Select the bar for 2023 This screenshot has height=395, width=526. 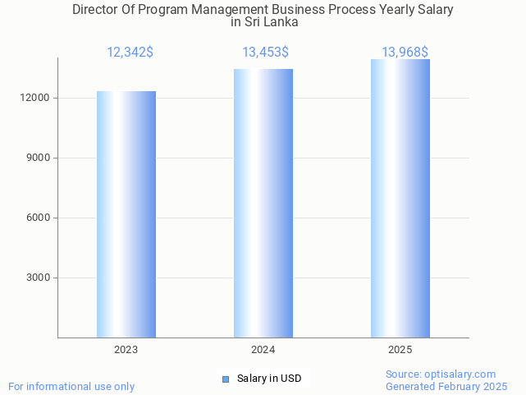[126, 214]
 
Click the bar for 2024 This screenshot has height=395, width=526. [263, 203]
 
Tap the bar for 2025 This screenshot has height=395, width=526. [400, 198]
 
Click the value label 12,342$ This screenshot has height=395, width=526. [130, 53]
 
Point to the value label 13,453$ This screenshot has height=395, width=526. [265, 53]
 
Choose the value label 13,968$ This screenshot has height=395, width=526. [405, 53]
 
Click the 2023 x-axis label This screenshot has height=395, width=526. [126, 350]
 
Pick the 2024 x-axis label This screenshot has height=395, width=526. [263, 350]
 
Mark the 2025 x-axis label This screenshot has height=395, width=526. [400, 350]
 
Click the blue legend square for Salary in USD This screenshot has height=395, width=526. [226, 379]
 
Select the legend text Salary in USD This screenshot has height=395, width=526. [269, 379]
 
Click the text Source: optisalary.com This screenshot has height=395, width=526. [441, 374]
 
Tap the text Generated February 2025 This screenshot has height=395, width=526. [446, 386]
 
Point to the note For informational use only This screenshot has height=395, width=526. [71, 386]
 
